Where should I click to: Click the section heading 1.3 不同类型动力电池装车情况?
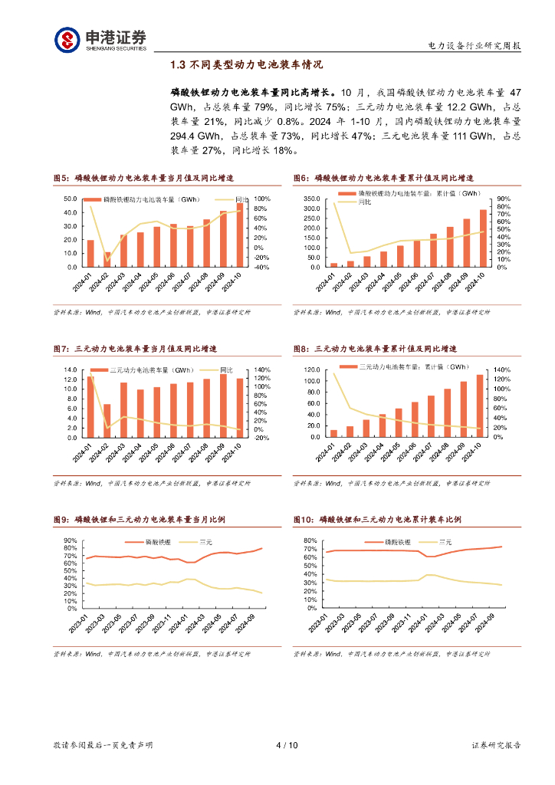tap(247, 66)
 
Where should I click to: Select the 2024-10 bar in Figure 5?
tap(240, 235)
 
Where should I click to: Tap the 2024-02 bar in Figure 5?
tap(107, 259)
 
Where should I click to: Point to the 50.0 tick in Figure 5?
tap(71, 199)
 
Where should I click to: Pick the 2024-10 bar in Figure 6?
tap(483, 238)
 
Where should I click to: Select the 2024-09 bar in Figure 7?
tap(223, 406)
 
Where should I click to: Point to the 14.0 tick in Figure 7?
tap(71, 370)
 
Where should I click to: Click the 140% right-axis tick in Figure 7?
tap(262, 370)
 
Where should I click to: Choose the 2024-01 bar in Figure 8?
tap(333, 433)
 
